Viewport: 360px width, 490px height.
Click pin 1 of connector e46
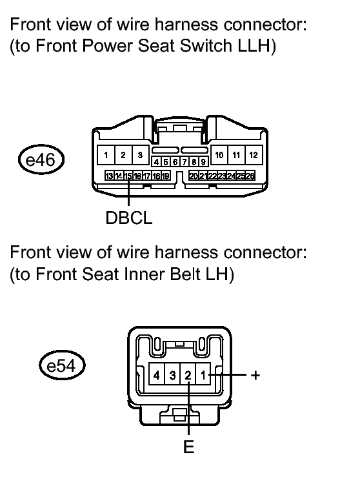pyautogui.click(x=106, y=155)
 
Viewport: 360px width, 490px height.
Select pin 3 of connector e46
pyautogui.click(x=140, y=155)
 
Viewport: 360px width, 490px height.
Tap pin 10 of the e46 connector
pyautogui.click(x=219, y=155)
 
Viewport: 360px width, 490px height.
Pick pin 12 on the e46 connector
pyautogui.click(x=254, y=155)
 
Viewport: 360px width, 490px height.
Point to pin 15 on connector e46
pyautogui.click(x=128, y=176)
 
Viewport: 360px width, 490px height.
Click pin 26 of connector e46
pyautogui.click(x=250, y=176)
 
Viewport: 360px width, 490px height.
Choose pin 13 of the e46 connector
pyautogui.click(x=109, y=176)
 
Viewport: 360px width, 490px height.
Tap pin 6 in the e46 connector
pyautogui.click(x=175, y=162)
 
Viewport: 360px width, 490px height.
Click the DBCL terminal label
pyautogui.click(x=129, y=218)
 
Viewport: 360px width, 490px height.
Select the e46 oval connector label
pyautogui.click(x=41, y=159)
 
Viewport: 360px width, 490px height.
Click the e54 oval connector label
pyautogui.click(x=62, y=365)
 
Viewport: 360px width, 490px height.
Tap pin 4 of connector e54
pyautogui.click(x=157, y=374)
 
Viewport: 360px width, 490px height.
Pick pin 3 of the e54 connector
pyautogui.click(x=172, y=374)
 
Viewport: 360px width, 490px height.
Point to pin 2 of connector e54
pyautogui.click(x=188, y=374)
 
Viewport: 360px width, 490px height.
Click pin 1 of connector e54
pyautogui.click(x=203, y=374)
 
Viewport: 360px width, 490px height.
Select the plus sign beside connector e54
pyautogui.click(x=255, y=374)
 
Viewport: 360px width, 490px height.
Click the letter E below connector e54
pyautogui.click(x=189, y=447)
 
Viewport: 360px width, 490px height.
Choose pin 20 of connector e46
pyautogui.click(x=194, y=176)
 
